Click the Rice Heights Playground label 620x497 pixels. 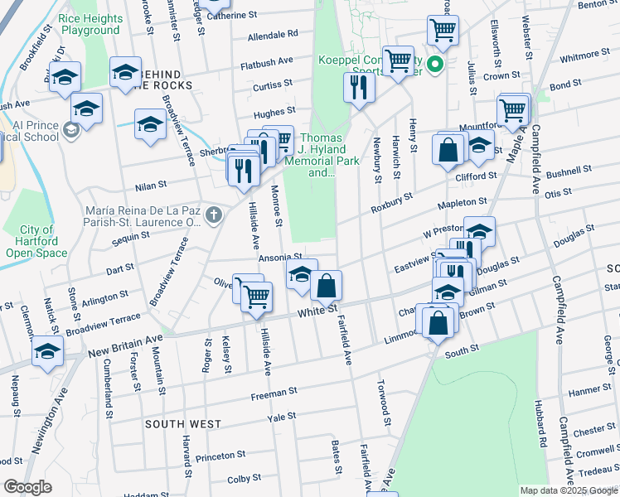coord(90,23)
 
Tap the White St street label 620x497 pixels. coord(318,310)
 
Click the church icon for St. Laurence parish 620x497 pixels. coord(214,216)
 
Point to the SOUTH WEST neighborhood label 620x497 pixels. coord(183,424)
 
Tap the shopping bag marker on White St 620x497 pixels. coord(327,287)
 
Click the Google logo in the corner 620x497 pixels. coord(27,487)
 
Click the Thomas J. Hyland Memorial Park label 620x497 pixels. coord(320,156)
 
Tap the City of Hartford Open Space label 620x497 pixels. coord(37,241)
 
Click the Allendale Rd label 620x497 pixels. coord(273,36)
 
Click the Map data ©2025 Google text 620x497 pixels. coord(568,490)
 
